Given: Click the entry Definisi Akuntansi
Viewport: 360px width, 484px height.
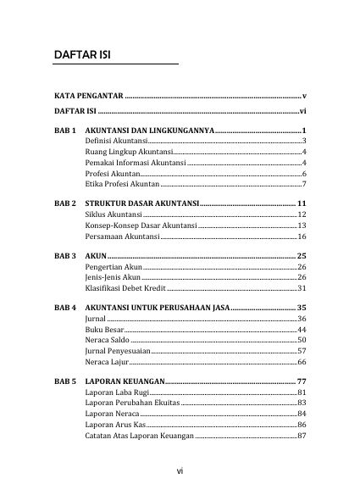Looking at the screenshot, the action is pos(116,140).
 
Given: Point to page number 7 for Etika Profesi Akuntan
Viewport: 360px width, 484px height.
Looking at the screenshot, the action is pos(303,184).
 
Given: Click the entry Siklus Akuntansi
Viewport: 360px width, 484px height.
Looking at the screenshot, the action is pos(114,215).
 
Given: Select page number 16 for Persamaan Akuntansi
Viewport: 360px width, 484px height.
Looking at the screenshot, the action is pos(301,237).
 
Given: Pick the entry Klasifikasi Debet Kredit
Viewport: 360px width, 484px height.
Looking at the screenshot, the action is pos(127,288).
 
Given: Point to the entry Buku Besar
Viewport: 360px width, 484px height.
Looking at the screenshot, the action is pos(104,329).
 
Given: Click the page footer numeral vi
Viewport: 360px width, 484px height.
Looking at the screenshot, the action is pos(180,470).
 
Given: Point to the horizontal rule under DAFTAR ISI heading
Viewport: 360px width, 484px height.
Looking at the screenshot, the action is pos(116,64).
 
